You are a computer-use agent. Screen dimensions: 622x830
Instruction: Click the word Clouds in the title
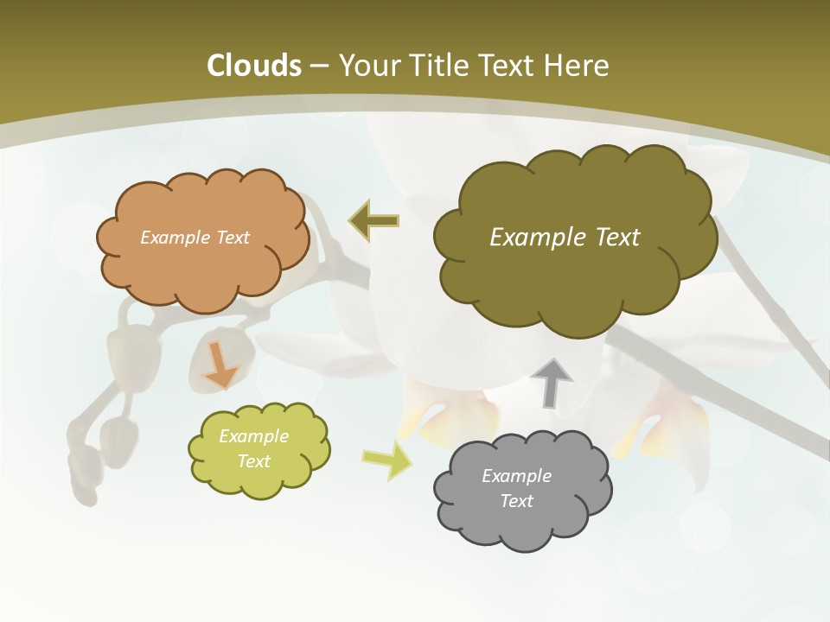click(253, 66)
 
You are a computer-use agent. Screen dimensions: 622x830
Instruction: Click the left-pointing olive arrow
click(374, 220)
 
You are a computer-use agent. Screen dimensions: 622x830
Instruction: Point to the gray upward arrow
click(551, 383)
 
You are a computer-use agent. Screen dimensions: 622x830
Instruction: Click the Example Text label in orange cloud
click(195, 238)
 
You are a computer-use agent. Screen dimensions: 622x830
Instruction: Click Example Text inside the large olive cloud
click(565, 238)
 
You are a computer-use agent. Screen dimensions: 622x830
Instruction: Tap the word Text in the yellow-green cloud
click(254, 461)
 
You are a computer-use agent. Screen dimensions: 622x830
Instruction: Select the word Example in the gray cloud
click(516, 476)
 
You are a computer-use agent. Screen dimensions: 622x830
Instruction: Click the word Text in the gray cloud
click(516, 501)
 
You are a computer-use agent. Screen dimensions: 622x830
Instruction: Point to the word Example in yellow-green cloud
click(254, 436)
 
